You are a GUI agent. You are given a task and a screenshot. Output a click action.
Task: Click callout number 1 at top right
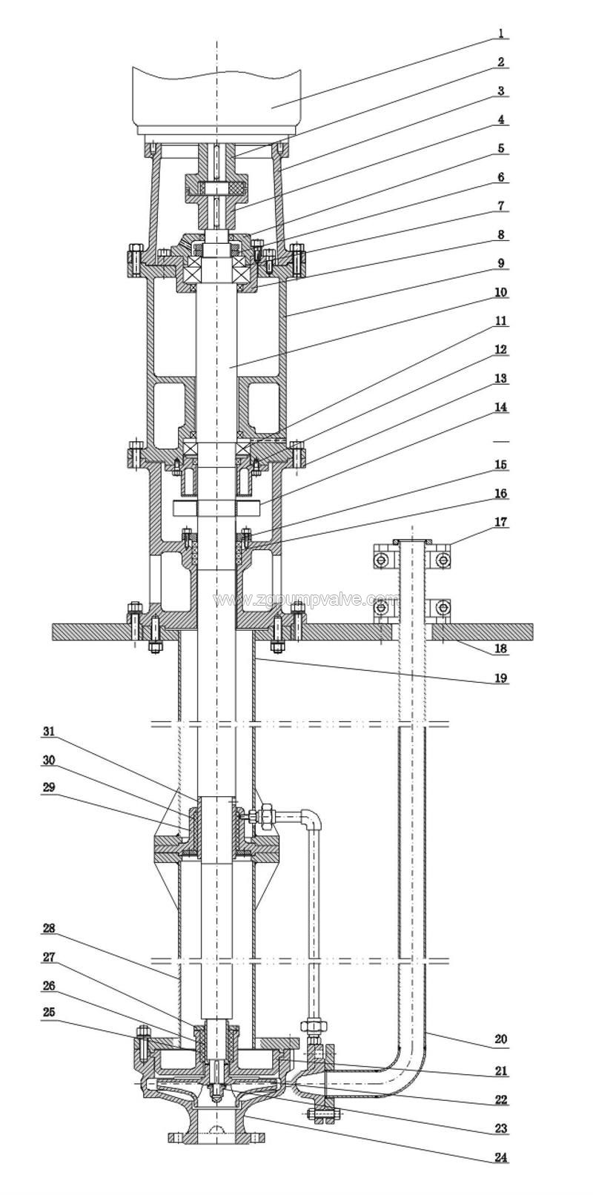coord(501,33)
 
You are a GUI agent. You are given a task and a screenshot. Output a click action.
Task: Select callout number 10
coord(501,292)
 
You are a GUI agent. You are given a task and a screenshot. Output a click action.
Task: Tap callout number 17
coord(501,523)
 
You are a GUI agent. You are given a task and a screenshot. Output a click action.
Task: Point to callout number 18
coord(501,649)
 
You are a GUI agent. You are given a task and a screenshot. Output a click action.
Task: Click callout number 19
coord(501,678)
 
